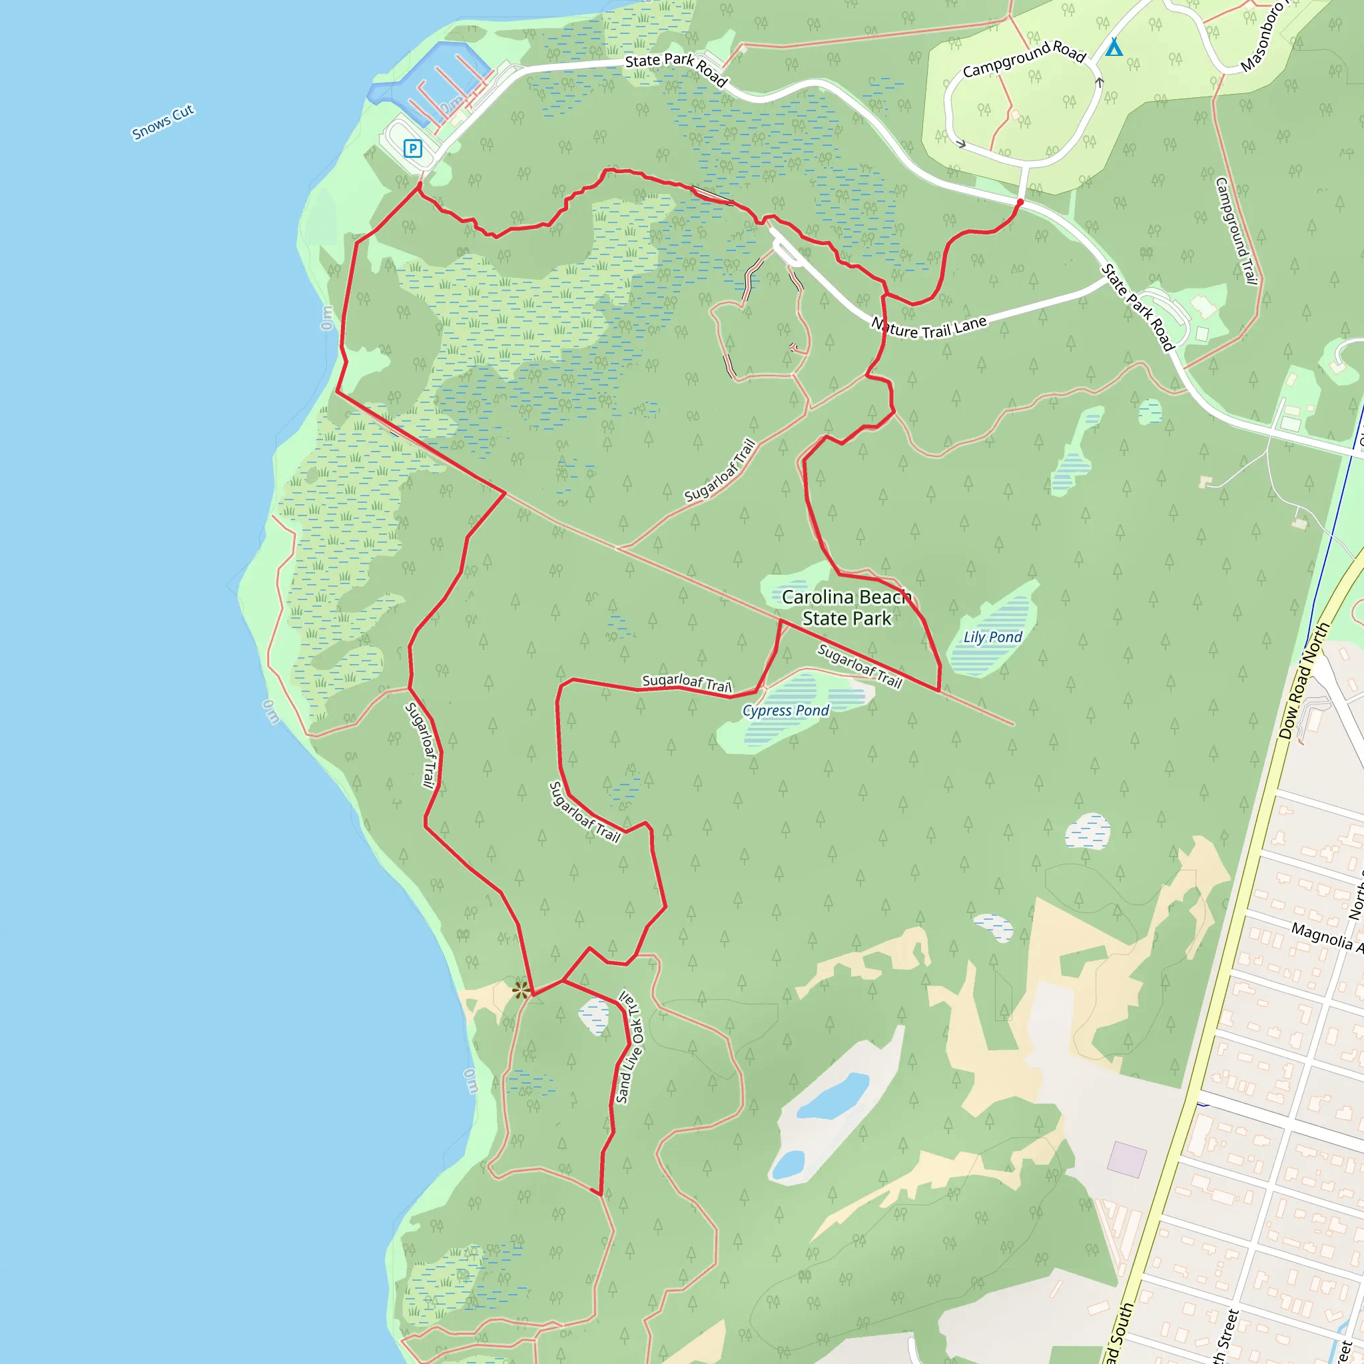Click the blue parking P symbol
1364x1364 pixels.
(413, 149)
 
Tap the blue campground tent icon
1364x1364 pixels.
(1114, 47)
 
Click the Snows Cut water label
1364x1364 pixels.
(163, 122)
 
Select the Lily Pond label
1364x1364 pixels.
(992, 637)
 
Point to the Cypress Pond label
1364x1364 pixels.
(785, 710)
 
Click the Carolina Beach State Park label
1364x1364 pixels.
(847, 608)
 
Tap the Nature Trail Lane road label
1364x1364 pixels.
(928, 327)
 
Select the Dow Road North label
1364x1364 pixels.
(1303, 681)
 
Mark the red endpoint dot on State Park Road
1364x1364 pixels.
(1020, 202)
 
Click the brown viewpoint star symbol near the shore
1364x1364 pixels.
(521, 990)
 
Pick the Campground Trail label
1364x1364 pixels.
(1235, 231)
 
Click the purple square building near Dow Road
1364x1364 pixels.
(1127, 1160)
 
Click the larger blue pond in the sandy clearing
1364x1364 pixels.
(833, 1096)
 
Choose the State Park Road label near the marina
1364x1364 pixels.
(675, 69)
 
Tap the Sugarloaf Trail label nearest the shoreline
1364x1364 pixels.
(422, 744)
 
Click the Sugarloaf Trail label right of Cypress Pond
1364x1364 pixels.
(859, 666)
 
